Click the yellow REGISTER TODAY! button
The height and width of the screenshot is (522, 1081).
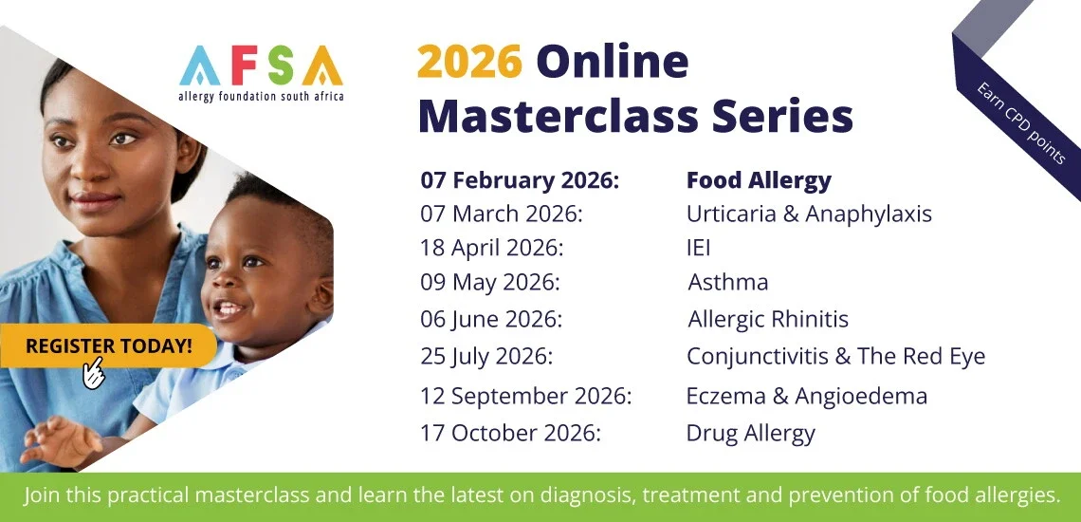[107, 345]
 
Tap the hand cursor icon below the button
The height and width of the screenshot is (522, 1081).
[94, 374]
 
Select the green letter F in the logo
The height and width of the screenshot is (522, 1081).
[240, 66]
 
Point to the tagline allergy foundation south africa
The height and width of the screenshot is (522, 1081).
[261, 97]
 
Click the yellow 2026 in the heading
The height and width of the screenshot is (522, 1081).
[469, 63]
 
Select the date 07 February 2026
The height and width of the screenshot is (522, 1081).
[519, 180]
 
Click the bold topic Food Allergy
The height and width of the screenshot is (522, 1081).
[759, 180]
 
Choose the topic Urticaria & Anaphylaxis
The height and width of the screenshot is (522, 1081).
[809, 214]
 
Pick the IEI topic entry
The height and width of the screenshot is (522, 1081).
[698, 248]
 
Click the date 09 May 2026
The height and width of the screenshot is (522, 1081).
[490, 282]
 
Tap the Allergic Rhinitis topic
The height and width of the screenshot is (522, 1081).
[768, 319]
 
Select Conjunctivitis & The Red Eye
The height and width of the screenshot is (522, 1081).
[835, 356]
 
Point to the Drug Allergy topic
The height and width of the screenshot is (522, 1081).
[750, 434]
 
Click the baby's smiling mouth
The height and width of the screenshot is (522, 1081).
[229, 308]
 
